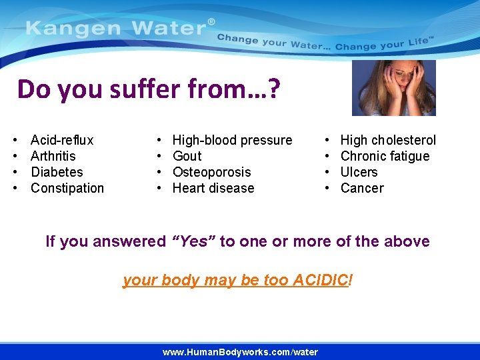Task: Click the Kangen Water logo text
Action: click(x=116, y=29)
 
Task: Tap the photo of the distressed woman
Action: click(x=393, y=88)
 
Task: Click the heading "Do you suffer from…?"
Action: click(x=149, y=89)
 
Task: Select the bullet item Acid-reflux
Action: click(x=62, y=140)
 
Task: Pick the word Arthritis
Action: click(x=53, y=156)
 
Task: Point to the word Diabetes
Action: click(x=57, y=172)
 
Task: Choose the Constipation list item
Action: click(x=67, y=188)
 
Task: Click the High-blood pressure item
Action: click(x=232, y=140)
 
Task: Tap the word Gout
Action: click(x=187, y=156)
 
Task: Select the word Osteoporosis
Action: click(x=211, y=172)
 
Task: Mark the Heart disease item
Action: click(x=213, y=188)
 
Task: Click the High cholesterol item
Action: click(x=388, y=140)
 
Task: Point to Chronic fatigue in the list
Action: click(x=385, y=156)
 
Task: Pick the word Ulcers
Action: click(x=359, y=172)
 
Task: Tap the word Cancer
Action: click(x=362, y=188)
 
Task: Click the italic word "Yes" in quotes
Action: click(x=193, y=241)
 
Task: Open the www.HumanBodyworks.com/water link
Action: click(x=240, y=352)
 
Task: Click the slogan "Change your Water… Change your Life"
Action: click(x=325, y=43)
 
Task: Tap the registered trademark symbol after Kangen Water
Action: click(x=211, y=22)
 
